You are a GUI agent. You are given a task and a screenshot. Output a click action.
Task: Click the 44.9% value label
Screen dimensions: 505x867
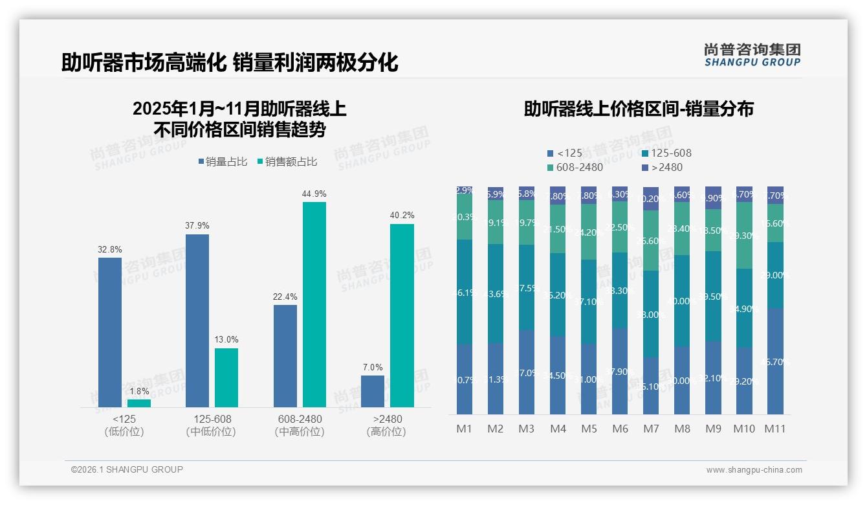(x=314, y=194)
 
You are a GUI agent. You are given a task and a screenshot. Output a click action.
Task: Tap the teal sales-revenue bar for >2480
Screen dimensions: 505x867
(x=402, y=315)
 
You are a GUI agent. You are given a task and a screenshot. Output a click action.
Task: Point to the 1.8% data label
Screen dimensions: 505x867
(x=139, y=391)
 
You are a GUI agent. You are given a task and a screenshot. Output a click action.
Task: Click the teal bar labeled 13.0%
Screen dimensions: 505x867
(x=226, y=377)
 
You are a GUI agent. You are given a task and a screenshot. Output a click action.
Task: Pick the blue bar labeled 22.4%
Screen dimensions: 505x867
(x=285, y=355)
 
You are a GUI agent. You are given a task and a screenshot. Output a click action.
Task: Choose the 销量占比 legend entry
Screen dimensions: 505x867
(x=223, y=162)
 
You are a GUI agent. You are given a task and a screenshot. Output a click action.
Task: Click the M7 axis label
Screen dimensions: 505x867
(x=651, y=429)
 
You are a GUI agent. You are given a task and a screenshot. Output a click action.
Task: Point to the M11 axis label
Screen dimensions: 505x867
(x=775, y=429)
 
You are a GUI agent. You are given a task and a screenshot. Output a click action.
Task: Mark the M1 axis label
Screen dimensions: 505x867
(x=465, y=429)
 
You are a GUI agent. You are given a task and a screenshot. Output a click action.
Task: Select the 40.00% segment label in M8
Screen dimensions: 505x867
(x=682, y=301)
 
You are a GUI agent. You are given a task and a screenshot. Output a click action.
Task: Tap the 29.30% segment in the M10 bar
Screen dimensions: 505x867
(x=744, y=236)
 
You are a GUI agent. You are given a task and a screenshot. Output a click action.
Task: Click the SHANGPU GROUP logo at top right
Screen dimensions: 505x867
(x=752, y=55)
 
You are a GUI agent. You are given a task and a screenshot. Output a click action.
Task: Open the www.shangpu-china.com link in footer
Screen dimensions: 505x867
(x=754, y=470)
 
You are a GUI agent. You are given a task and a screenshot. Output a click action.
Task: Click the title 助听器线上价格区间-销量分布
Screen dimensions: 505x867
(x=639, y=109)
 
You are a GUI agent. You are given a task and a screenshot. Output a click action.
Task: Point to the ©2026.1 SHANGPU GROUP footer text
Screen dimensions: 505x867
(x=127, y=469)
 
